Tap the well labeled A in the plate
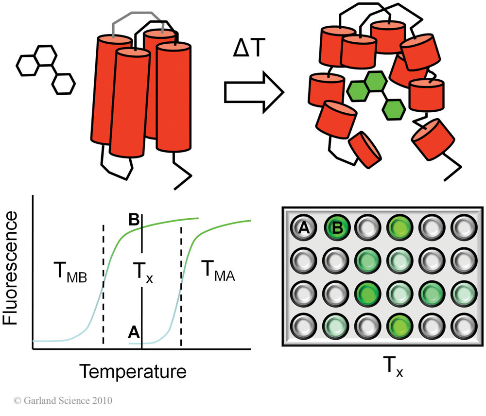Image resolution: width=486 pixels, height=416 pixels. click(x=302, y=226)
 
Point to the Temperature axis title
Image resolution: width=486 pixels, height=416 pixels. click(x=134, y=372)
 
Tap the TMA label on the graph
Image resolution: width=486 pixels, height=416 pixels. click(x=217, y=278)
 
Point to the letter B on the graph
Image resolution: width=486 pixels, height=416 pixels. click(x=135, y=220)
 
